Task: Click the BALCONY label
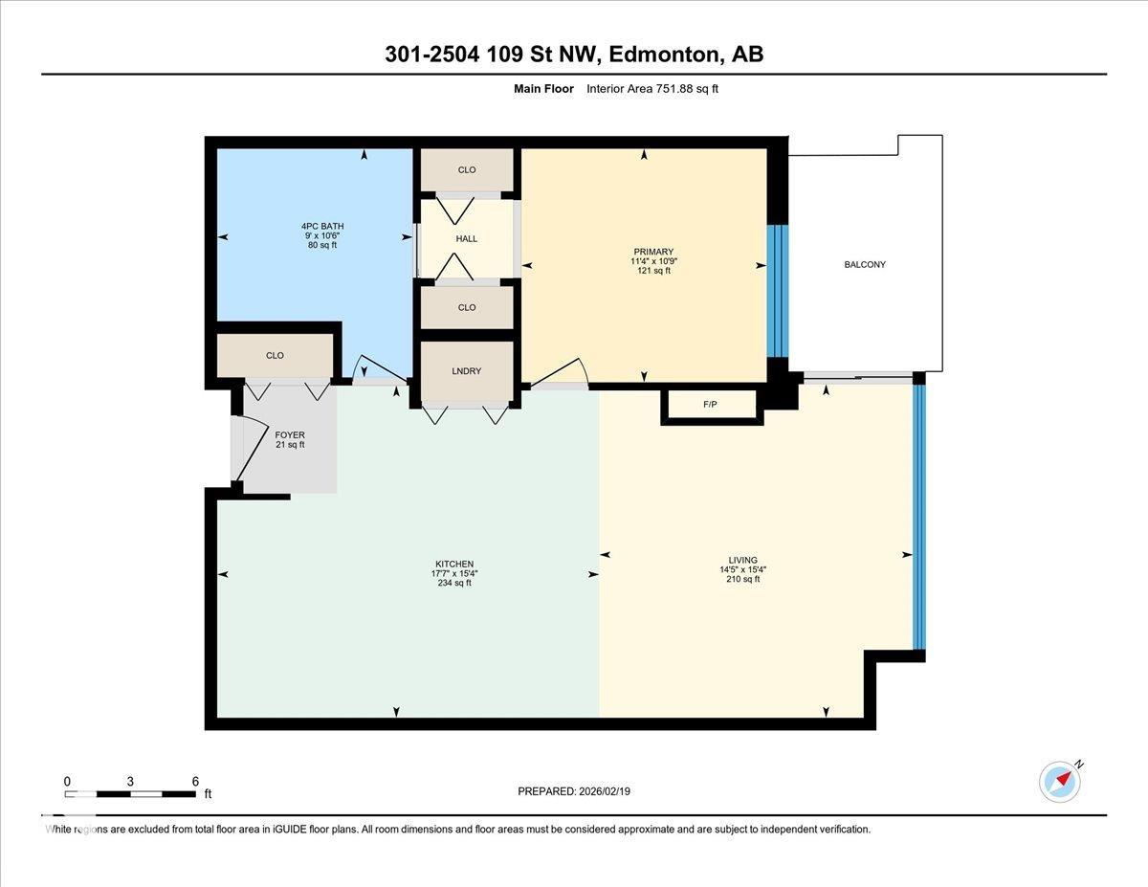(x=864, y=264)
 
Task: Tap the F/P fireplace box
(x=710, y=405)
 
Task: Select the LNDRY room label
(x=467, y=370)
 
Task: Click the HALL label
(x=467, y=239)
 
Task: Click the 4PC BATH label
(x=319, y=227)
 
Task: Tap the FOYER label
(x=289, y=435)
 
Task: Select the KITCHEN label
(x=453, y=564)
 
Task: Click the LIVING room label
(x=742, y=561)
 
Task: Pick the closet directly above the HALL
(x=467, y=170)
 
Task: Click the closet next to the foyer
(x=275, y=356)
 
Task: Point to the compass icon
(x=1060, y=782)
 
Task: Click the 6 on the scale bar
(x=195, y=781)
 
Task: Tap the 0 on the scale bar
(x=67, y=781)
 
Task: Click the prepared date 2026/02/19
(x=606, y=791)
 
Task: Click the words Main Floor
(x=543, y=89)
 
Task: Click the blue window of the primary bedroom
(x=779, y=291)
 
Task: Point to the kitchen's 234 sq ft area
(x=453, y=583)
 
